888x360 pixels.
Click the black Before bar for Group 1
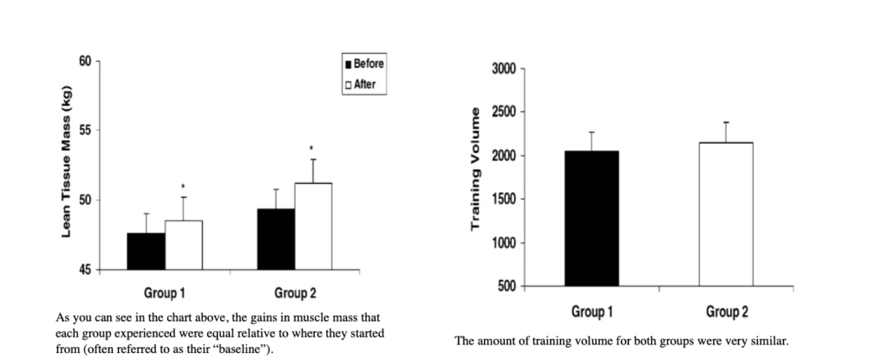click(x=146, y=252)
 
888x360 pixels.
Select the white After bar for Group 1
click(x=183, y=245)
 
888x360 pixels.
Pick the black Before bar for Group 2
click(x=276, y=239)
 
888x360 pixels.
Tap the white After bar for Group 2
click(x=313, y=226)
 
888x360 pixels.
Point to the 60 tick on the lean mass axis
click(x=84, y=61)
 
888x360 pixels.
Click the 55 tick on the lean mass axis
click(x=84, y=130)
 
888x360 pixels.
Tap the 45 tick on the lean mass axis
click(x=84, y=270)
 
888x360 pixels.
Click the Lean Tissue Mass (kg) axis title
click(x=66, y=165)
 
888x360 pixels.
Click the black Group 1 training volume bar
click(x=591, y=219)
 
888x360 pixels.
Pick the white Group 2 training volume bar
click(x=726, y=214)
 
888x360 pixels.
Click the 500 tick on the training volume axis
click(x=507, y=286)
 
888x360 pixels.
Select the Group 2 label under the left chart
click(x=295, y=293)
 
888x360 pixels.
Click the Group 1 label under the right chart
click(x=592, y=311)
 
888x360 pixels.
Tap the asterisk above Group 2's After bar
click(x=312, y=147)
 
